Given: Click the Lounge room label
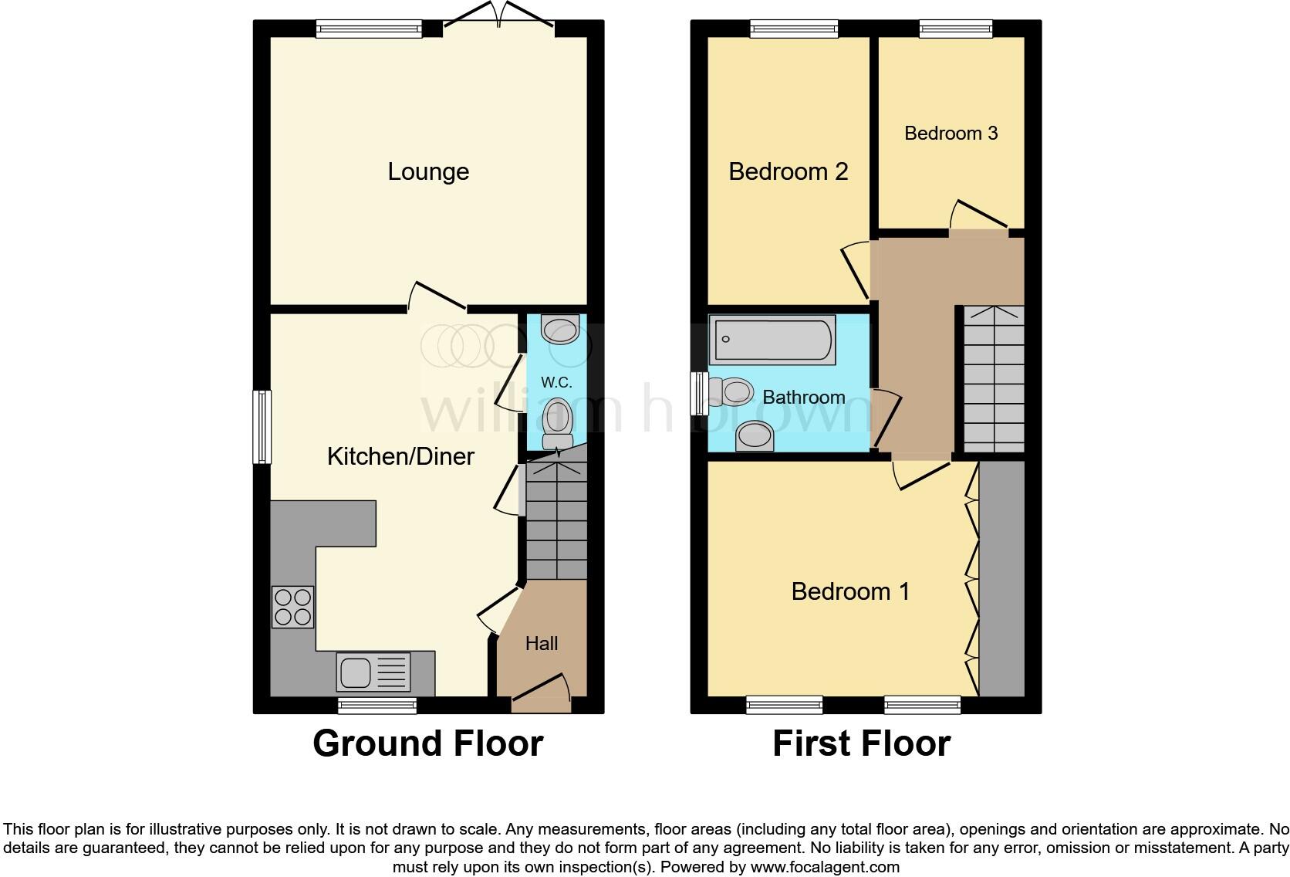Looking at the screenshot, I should click(x=428, y=171).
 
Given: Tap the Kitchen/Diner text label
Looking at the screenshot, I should click(x=400, y=456).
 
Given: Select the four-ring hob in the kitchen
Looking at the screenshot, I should click(x=293, y=606).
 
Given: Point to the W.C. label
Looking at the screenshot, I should click(x=556, y=382).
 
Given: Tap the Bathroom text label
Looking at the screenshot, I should click(x=804, y=398).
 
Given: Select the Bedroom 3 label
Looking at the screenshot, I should click(x=951, y=134).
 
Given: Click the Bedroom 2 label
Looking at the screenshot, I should click(x=788, y=171).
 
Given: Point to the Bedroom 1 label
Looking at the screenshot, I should click(x=850, y=591).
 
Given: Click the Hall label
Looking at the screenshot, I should click(x=542, y=643).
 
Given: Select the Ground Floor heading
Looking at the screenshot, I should click(x=427, y=743).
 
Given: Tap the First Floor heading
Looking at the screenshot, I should click(x=861, y=743).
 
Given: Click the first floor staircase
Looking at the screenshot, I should click(x=994, y=378).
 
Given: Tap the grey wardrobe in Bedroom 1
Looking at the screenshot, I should click(x=1001, y=579).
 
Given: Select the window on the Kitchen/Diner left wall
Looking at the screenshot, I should click(x=262, y=427).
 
